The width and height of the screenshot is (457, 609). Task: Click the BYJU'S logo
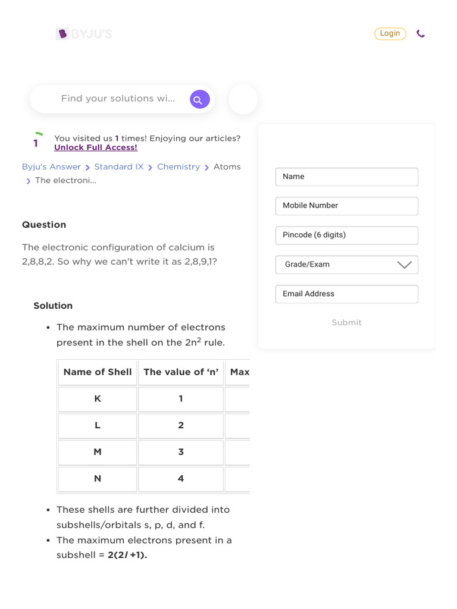coord(84,34)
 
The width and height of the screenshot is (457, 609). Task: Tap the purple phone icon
coord(421,34)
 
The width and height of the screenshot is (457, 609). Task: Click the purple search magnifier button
coord(199,99)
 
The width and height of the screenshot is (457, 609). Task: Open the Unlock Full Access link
coord(96,147)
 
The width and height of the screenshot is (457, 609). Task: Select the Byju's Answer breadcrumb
coord(51,167)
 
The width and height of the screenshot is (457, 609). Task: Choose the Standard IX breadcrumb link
coord(119,167)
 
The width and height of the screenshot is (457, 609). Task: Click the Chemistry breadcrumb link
coord(179,167)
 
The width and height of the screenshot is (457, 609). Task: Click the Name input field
coord(346,177)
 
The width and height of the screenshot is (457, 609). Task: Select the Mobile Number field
coord(346,206)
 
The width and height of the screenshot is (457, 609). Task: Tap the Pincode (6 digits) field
coord(346,235)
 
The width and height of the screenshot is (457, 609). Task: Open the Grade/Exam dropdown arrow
coord(404,265)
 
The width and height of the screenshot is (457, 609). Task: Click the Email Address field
coord(346,294)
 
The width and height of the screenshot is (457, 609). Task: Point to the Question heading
coord(44,225)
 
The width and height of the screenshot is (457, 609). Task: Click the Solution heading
coord(53,306)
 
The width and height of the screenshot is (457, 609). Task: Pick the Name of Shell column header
coord(98,372)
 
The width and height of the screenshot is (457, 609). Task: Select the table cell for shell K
coord(98,399)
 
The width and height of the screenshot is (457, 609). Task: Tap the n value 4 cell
coord(181,479)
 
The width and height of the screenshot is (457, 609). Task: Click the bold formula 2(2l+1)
coord(127,555)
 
